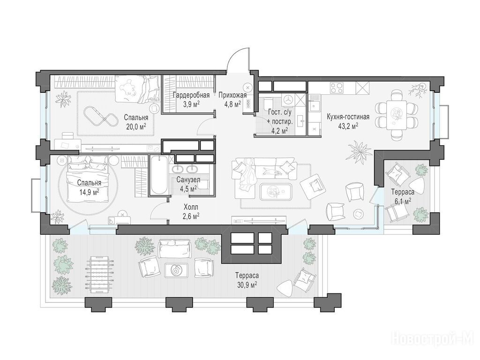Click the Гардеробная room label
(x=191, y=95)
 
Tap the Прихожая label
(x=232, y=95)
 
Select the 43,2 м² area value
(x=348, y=125)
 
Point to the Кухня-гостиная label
(x=348, y=117)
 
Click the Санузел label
(x=188, y=180)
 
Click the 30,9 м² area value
(x=247, y=285)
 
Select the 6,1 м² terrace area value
(x=402, y=201)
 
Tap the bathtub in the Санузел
(x=159, y=175)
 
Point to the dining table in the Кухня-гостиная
(x=396, y=115)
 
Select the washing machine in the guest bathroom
(x=288, y=99)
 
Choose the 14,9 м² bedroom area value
(x=89, y=192)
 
